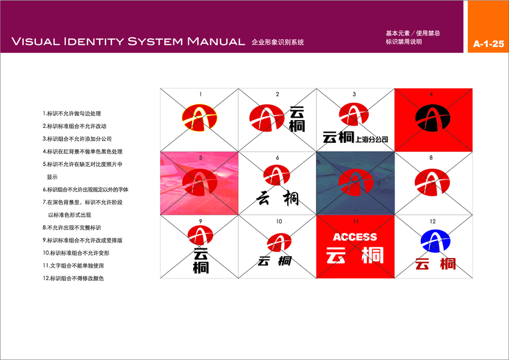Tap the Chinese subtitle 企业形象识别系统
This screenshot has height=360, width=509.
pyautogui.click(x=278, y=42)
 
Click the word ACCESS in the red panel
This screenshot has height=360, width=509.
pyautogui.click(x=355, y=237)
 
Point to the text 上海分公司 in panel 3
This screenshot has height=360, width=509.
pyautogui.click(x=372, y=139)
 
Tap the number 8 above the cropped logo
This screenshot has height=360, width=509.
pyautogui.click(x=430, y=158)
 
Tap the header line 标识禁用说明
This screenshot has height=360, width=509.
pyautogui.click(x=404, y=42)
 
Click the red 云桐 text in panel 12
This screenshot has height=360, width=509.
pyautogui.click(x=435, y=263)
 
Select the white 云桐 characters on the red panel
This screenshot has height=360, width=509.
pyautogui.click(x=355, y=256)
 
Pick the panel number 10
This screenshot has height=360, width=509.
pyautogui.click(x=279, y=221)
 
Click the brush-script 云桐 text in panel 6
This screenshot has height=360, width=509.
pyautogui.click(x=278, y=197)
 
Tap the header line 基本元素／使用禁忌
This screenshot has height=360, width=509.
pyautogui.click(x=413, y=33)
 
